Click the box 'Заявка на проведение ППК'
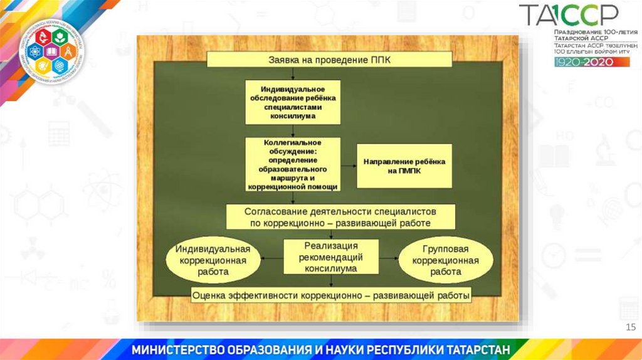[329, 60]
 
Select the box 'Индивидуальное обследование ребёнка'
[293, 102]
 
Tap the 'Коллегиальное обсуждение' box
[293, 164]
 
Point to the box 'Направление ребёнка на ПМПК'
[404, 166]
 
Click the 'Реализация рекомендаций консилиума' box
[331, 257]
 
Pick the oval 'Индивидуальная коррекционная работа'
[212, 260]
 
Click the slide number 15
[631, 327]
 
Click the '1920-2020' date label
[583, 62]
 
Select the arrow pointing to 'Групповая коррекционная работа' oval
[389, 257]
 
